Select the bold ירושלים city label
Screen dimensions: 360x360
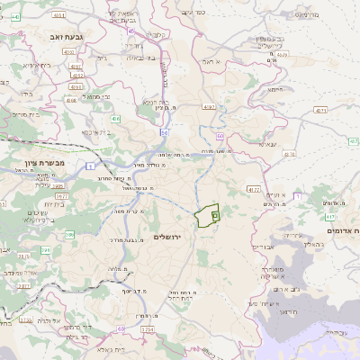coord(168,237)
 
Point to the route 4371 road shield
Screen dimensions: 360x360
coord(321,109)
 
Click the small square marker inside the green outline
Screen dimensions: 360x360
coord(214,215)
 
